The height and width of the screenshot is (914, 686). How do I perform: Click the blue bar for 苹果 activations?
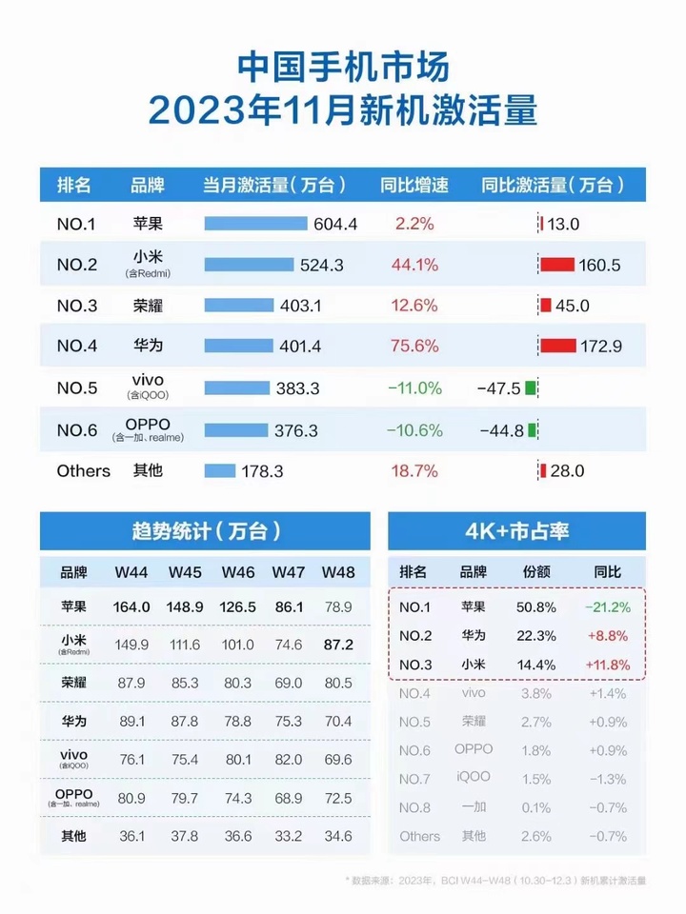(256, 224)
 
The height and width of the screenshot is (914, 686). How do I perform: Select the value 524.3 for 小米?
(321, 266)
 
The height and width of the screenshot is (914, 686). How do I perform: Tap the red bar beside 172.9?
(557, 346)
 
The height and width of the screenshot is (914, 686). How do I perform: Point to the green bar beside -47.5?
(531, 388)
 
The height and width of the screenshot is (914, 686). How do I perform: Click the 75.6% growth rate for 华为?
(414, 347)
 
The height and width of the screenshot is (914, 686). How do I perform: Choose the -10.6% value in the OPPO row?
(414, 430)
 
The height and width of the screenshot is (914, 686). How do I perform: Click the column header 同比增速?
(414, 185)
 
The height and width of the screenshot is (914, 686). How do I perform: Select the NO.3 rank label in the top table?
(77, 306)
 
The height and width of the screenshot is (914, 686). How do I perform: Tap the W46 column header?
(238, 572)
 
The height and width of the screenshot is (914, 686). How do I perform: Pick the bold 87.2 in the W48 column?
(337, 645)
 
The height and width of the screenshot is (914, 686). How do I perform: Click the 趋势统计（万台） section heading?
(204, 529)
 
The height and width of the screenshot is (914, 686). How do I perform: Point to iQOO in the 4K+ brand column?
(473, 778)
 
